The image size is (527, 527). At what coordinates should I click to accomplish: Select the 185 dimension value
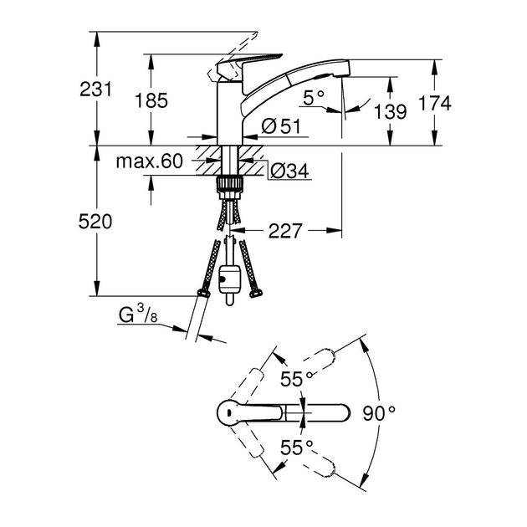tap(151, 100)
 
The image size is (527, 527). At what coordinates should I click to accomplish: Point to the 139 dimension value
tap(391, 110)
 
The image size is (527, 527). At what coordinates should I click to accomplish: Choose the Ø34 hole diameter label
tap(289, 171)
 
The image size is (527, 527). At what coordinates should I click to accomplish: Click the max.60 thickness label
tap(149, 162)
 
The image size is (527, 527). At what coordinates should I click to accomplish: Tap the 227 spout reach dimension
tap(287, 229)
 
